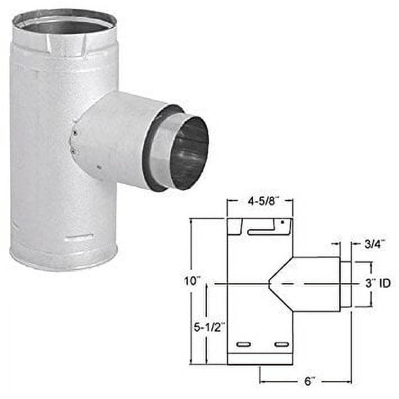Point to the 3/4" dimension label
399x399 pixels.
pos(371,244)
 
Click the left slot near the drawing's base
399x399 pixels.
pos(244,344)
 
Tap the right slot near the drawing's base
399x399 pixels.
pos(280,344)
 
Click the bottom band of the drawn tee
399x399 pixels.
pos(260,359)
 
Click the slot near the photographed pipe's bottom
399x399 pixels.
pos(79,238)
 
